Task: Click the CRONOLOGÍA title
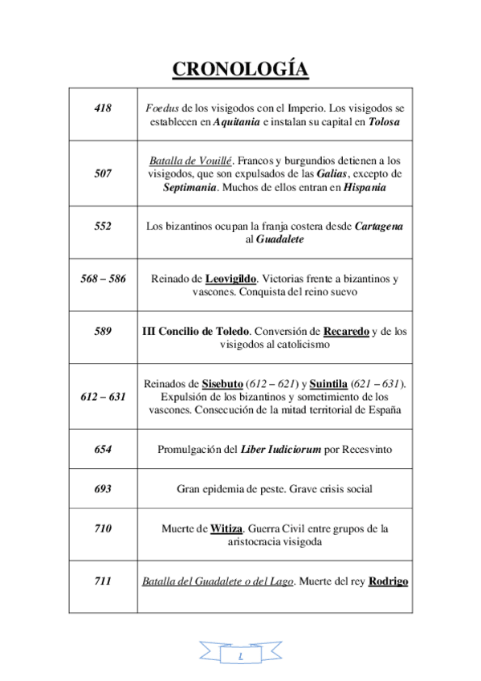[x=240, y=70]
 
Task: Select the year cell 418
[x=103, y=108]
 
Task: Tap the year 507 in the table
[x=103, y=173]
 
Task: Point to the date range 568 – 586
[x=103, y=279]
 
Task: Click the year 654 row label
[x=103, y=450]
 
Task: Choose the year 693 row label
[x=103, y=488]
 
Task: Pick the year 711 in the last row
[x=103, y=581]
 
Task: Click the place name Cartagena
[x=379, y=226]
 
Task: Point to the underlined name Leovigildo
[x=230, y=279]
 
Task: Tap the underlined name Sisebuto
[x=222, y=383]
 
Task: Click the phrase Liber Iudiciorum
[x=279, y=450]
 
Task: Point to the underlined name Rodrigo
[x=388, y=581]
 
